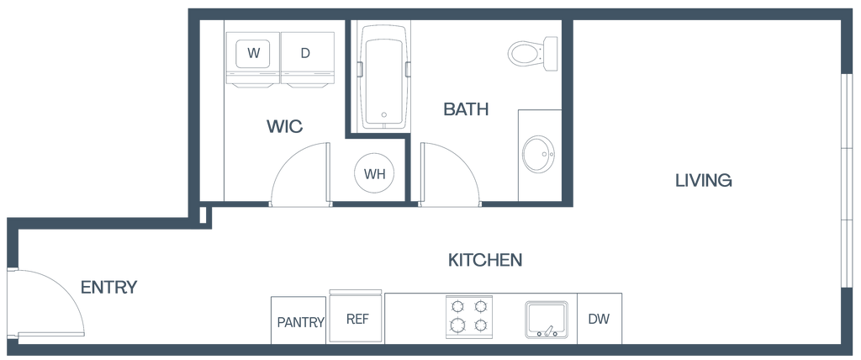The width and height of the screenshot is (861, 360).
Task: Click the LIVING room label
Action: pyautogui.click(x=703, y=180)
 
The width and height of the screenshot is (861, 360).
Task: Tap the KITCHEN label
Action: pyautogui.click(x=485, y=260)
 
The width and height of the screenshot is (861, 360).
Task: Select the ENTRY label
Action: pyautogui.click(x=108, y=288)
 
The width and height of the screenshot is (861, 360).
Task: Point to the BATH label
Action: pyautogui.click(x=466, y=109)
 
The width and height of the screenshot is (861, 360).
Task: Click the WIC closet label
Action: pyautogui.click(x=284, y=127)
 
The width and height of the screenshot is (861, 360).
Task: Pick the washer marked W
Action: pyautogui.click(x=252, y=54)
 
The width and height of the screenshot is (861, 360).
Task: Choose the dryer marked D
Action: pyautogui.click(x=305, y=54)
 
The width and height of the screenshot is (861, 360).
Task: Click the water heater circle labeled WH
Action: pyautogui.click(x=373, y=174)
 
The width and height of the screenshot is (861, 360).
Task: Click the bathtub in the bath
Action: pyautogui.click(x=382, y=76)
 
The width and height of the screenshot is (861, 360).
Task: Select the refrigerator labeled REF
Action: pyautogui.click(x=357, y=318)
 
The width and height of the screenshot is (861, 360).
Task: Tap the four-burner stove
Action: pyautogui.click(x=468, y=316)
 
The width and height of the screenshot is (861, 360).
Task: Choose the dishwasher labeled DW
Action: pyautogui.click(x=599, y=319)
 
